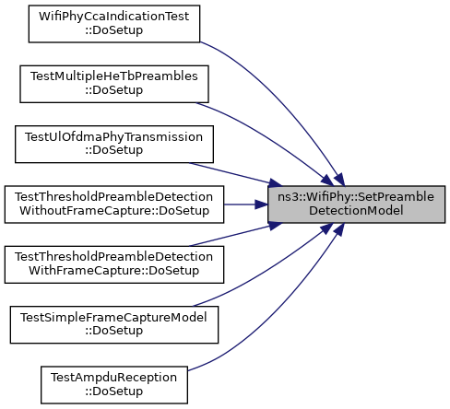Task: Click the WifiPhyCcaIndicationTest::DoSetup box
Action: point(114,24)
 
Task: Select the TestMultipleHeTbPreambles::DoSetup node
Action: point(114,84)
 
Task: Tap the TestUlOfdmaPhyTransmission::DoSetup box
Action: point(114,144)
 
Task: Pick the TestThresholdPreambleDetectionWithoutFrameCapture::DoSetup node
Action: point(114,204)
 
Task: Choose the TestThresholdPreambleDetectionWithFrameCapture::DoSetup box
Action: point(114,264)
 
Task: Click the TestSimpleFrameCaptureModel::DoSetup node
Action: point(114,324)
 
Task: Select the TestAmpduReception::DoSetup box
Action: point(114,385)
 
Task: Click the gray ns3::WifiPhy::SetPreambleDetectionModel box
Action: point(356,204)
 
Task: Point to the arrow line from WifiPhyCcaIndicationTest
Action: point(288,101)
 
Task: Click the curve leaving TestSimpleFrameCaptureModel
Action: point(270,270)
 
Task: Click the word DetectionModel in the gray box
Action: point(356,211)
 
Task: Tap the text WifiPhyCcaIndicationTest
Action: point(114,17)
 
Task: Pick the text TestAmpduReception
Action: point(114,378)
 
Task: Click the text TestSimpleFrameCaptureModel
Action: point(114,318)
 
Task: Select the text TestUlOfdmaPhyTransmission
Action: point(114,137)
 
